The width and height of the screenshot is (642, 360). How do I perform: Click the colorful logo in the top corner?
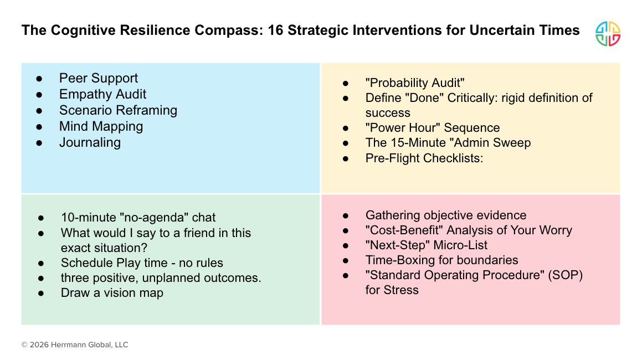(x=608, y=34)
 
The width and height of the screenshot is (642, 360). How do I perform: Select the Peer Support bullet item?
(x=99, y=78)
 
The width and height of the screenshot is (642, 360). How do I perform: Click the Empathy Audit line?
(x=102, y=94)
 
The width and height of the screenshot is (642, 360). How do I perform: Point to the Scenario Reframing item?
(x=118, y=110)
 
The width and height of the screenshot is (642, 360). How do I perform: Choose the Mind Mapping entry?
(x=101, y=126)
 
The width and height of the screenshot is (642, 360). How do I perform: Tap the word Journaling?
(x=90, y=142)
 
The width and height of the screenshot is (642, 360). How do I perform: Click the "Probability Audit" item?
(x=415, y=83)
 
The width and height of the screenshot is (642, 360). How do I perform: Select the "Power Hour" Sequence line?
(x=433, y=128)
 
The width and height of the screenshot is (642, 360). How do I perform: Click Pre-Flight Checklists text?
(x=424, y=158)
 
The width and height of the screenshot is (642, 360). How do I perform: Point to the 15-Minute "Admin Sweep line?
(x=448, y=143)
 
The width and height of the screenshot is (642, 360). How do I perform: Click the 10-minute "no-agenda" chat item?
(x=138, y=218)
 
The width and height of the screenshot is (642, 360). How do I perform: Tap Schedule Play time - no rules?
(x=142, y=263)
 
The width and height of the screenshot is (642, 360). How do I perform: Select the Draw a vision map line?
(x=112, y=293)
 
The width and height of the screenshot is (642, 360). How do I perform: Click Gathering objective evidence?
(x=446, y=215)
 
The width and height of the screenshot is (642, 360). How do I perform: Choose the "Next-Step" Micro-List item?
(x=427, y=245)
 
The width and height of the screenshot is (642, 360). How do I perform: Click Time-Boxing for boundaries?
(x=441, y=260)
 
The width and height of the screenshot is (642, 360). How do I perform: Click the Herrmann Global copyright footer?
(x=75, y=344)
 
